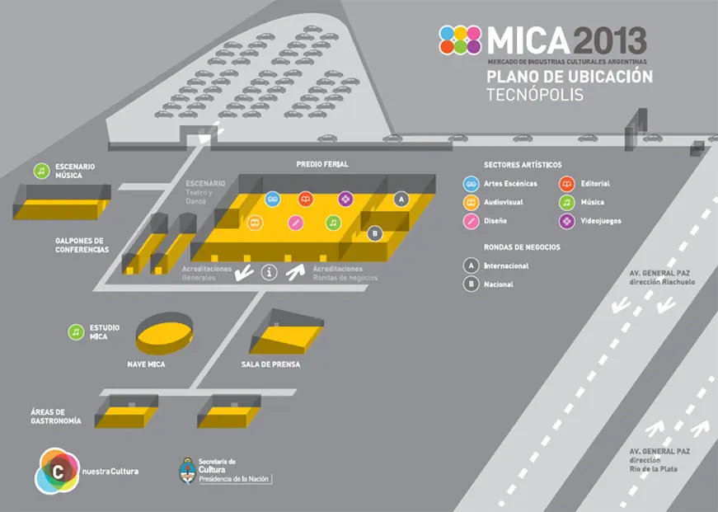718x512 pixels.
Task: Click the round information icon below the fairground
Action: (270, 272)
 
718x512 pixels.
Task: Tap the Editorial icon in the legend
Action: (567, 184)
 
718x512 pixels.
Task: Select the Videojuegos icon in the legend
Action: (567, 221)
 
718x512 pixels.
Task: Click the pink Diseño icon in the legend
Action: (471, 221)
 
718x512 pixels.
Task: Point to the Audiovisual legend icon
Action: (471, 203)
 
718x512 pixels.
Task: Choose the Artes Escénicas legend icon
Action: (471, 184)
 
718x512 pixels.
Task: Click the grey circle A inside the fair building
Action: (401, 200)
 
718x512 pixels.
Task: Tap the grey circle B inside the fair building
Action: (375, 233)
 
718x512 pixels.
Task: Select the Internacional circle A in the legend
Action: (471, 265)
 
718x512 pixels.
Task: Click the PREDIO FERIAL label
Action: (322, 164)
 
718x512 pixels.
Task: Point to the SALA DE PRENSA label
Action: (270, 364)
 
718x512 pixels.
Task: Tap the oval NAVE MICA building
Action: (164, 333)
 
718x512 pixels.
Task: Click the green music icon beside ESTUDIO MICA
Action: (76, 332)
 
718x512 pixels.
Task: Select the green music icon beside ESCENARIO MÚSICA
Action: (42, 171)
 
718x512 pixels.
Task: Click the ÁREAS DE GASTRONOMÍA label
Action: (56, 416)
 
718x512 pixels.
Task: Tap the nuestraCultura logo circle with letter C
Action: (58, 472)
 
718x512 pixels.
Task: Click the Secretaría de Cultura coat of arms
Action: (187, 471)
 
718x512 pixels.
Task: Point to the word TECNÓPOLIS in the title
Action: (535, 95)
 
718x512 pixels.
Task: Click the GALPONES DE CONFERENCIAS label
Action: (82, 245)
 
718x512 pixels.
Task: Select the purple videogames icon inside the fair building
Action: (345, 200)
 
